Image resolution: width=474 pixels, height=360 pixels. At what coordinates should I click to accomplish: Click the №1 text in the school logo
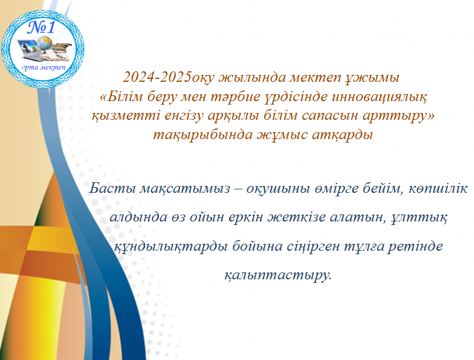pos(42,27)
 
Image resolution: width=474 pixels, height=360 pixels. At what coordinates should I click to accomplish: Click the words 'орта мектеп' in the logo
pos(43,67)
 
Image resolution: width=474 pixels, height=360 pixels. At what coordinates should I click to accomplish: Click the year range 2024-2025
pos(157,77)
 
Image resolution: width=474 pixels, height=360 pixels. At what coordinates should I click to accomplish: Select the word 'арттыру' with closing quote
pos(398,117)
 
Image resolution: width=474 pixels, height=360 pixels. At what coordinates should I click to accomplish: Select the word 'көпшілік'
pos(438,189)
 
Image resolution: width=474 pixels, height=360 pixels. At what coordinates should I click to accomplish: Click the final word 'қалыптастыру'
pos(278,275)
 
